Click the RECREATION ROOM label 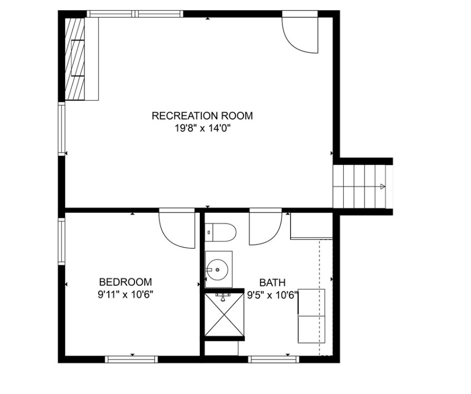202,115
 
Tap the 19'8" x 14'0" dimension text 202,128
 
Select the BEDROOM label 125,282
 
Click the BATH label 272,283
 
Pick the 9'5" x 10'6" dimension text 273,295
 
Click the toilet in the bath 220,232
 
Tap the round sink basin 217,269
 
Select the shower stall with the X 224,314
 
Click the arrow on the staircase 382,187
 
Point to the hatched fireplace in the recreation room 75,59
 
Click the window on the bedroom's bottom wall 131,359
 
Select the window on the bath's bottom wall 274,359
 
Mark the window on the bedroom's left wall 62,242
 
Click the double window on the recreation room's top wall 135,14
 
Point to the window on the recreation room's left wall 62,129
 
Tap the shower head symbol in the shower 223,297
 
